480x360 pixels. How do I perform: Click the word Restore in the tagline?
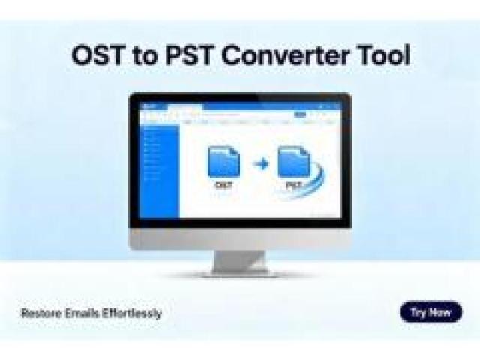click(41, 313)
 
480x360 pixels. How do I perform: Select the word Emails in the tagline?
click(85, 313)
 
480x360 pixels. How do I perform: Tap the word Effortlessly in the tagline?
click(133, 313)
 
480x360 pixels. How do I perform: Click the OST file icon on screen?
click(223, 162)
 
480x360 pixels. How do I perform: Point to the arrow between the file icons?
click(259, 163)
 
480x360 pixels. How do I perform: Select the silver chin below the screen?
click(240, 239)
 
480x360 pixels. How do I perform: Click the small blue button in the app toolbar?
click(300, 115)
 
